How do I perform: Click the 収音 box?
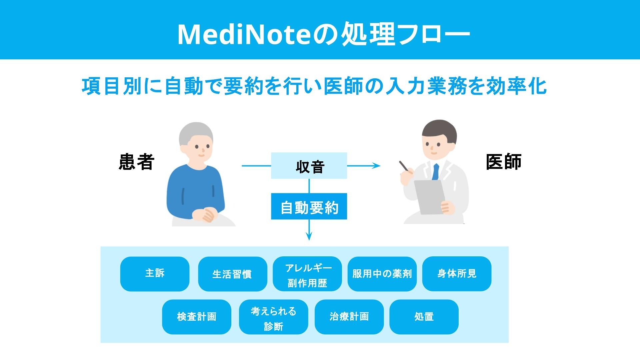[309, 166]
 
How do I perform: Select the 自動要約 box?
[309, 206]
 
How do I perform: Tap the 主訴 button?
[155, 274]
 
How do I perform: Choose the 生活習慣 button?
[232, 274]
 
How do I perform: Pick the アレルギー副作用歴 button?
[307, 274]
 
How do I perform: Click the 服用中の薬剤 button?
[382, 274]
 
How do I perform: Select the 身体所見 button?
[457, 274]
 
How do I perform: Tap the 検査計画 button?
[196, 317]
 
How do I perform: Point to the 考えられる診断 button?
[273, 317]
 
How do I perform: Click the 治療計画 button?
[349, 317]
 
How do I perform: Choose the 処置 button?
[424, 317]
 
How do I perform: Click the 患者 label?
[136, 162]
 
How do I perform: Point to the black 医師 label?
[503, 162]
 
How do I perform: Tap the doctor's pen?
[404, 166]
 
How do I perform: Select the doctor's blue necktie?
[435, 172]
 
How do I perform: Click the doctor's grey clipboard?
[429, 197]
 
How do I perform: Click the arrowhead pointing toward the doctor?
[377, 166]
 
